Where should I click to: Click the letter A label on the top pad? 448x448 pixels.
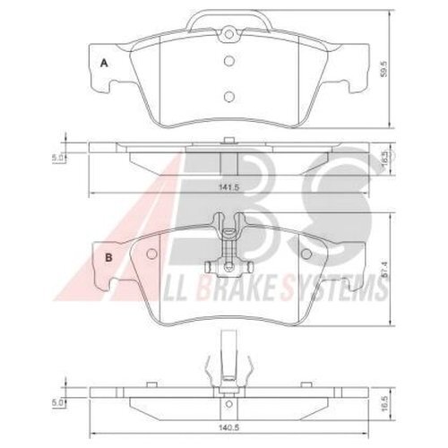(x=105, y=63)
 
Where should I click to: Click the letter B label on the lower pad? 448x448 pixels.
(x=108, y=258)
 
